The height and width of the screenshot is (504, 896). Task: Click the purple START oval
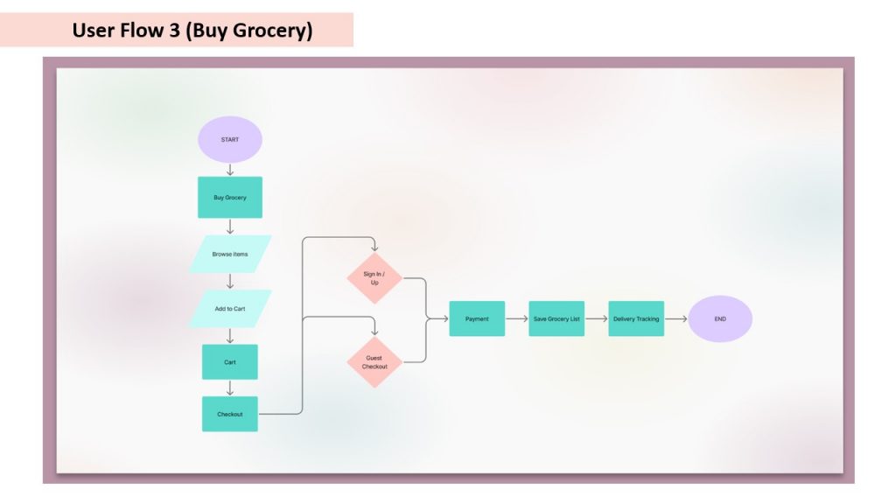[x=230, y=139]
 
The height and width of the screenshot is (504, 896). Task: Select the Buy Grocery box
[x=230, y=198]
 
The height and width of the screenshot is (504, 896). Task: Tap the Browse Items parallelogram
[x=230, y=255]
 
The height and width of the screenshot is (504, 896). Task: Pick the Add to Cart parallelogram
[x=230, y=309]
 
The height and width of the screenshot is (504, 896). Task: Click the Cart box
[x=230, y=361]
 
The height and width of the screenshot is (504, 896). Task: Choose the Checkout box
[x=230, y=414]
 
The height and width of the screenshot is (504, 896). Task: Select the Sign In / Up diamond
[x=374, y=278]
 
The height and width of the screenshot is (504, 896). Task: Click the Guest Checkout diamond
[x=374, y=362]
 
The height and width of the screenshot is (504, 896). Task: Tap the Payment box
[x=477, y=319]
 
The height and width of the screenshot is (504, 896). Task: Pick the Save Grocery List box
[x=556, y=319]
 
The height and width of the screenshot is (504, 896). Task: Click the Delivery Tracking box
[x=636, y=319]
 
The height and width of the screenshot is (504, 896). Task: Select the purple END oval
[x=720, y=319]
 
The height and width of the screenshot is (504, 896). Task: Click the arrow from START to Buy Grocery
[x=230, y=170]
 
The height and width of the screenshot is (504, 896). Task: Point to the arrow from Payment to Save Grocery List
[x=517, y=319]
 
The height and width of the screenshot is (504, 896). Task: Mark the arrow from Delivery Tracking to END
[x=675, y=319]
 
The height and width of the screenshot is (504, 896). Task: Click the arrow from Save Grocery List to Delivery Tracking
[x=597, y=319]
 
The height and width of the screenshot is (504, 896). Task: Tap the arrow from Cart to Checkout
[x=230, y=388]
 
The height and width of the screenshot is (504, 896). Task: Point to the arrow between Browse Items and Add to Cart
[x=230, y=282]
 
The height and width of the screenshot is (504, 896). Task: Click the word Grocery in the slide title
[x=269, y=31]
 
